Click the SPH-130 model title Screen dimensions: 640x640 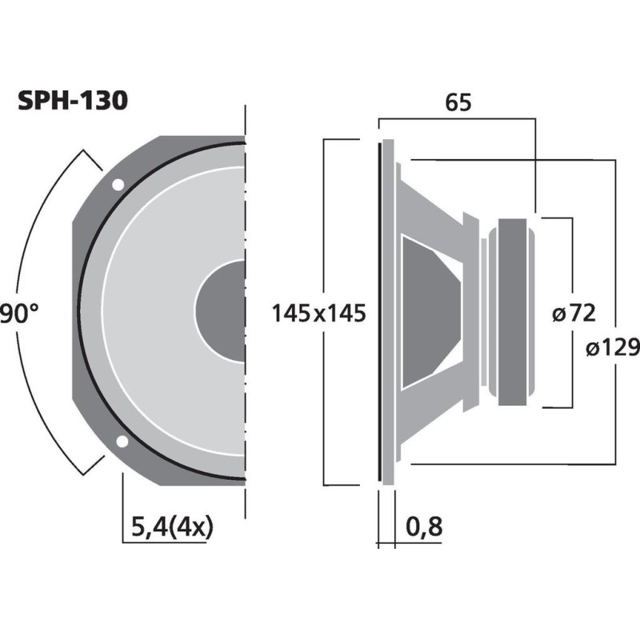point(72,102)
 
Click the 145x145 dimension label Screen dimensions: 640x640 point(318,313)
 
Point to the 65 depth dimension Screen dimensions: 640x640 point(457,102)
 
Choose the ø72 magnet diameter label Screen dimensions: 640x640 point(575,313)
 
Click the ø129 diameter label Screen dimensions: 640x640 point(612,346)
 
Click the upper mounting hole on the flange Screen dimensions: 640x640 point(118,185)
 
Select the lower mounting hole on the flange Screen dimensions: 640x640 point(122,441)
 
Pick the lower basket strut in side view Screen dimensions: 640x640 point(436,412)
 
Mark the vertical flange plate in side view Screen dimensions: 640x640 point(388,312)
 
